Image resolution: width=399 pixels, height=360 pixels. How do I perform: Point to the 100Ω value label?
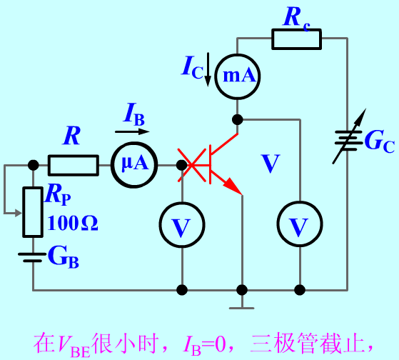(73, 223)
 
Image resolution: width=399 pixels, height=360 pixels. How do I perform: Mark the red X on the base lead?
(192, 165)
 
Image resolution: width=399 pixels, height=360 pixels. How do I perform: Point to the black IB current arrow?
(132, 131)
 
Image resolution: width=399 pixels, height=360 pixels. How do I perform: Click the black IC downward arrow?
(208, 69)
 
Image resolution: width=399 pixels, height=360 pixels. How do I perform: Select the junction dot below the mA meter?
(238, 119)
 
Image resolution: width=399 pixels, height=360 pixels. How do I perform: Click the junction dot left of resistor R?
(33, 165)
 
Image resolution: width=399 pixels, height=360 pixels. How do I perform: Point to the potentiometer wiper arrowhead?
(19, 213)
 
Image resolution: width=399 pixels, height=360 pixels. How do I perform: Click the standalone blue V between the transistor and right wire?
(271, 163)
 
